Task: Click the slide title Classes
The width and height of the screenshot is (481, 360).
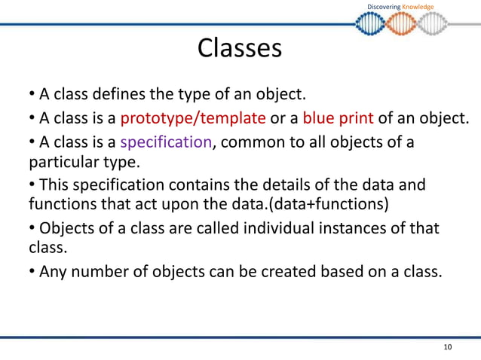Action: [x=240, y=48]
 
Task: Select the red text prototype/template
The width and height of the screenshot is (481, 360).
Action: [x=193, y=118]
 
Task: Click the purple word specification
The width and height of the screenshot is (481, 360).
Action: [x=165, y=143]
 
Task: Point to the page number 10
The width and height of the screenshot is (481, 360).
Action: [x=448, y=346]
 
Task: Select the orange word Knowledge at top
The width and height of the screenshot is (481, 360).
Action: [x=418, y=7]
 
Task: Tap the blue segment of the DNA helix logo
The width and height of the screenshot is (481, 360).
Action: [x=375, y=24]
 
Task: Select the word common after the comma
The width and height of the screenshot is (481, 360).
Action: [x=253, y=143]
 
